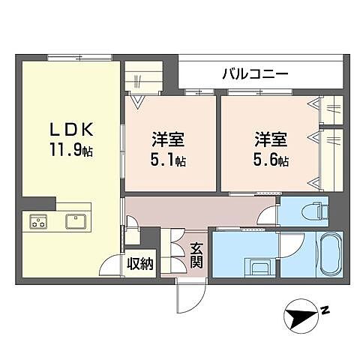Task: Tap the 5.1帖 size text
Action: [170, 160]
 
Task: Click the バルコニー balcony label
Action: [254, 74]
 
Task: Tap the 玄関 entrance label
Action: [196, 256]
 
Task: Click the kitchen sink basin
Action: [75, 221]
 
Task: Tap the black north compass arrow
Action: [303, 318]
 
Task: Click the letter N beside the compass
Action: [325, 309]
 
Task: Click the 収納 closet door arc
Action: [110, 267]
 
